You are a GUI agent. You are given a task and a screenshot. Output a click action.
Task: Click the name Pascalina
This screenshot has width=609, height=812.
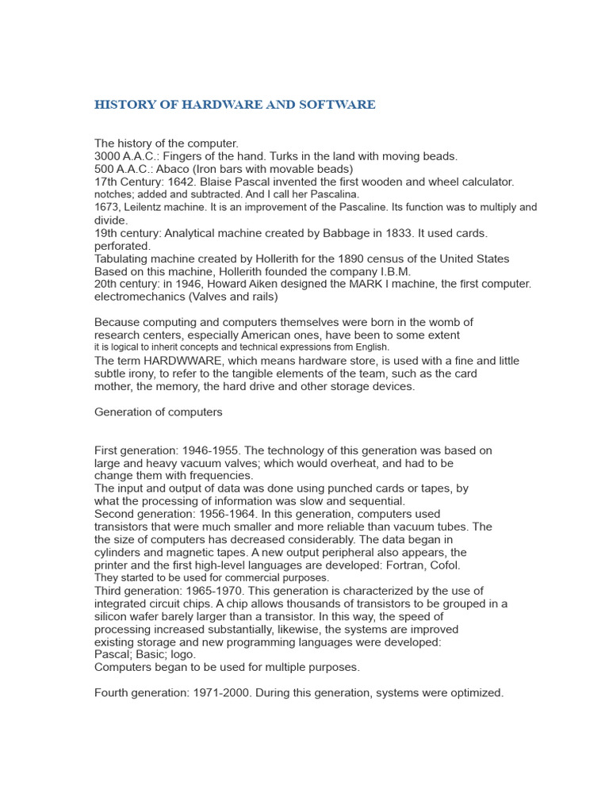(333, 194)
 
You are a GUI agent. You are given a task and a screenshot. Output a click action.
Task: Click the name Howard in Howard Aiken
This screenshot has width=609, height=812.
(251, 284)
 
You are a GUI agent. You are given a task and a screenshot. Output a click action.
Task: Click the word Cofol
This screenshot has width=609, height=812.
(445, 565)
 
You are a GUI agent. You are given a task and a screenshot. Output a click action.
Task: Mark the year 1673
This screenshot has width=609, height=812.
(107, 208)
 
